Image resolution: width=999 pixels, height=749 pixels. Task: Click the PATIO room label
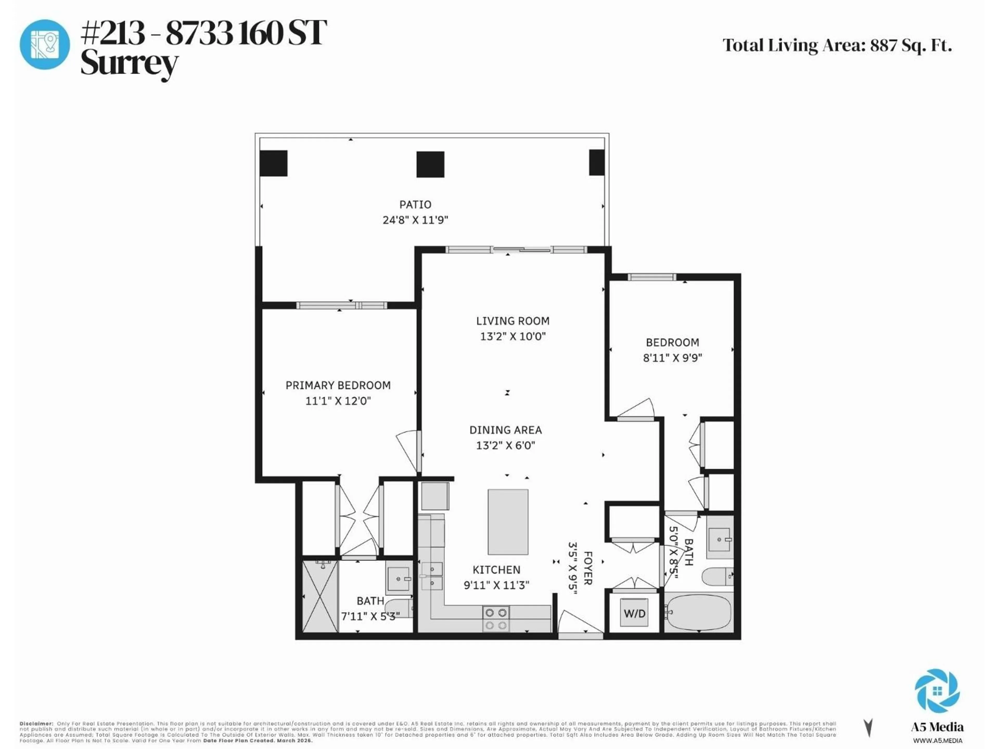pyautogui.click(x=415, y=204)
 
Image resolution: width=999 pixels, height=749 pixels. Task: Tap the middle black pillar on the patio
pyautogui.click(x=430, y=164)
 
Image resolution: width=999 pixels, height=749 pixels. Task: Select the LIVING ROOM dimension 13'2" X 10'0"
pyautogui.click(x=513, y=336)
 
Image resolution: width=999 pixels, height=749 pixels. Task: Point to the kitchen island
pyautogui.click(x=508, y=522)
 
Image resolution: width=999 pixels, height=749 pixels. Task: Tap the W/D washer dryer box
pyautogui.click(x=634, y=613)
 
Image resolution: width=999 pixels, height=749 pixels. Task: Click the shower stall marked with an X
pyautogui.click(x=320, y=596)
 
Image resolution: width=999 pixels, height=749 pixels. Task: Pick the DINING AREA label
pyautogui.click(x=505, y=430)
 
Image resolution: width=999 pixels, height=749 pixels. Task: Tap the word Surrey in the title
pyautogui.click(x=129, y=64)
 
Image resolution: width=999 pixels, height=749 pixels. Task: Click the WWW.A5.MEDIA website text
pyautogui.click(x=937, y=740)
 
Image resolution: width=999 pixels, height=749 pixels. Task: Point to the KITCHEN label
pyautogui.click(x=496, y=570)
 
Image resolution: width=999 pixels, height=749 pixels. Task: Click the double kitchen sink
pyautogui.click(x=432, y=576)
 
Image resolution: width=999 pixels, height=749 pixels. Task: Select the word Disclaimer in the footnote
pyautogui.click(x=36, y=724)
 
